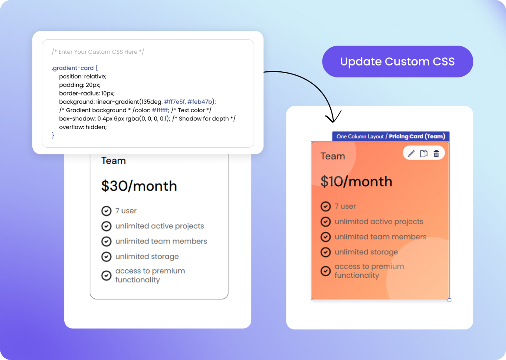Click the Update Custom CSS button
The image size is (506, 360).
click(x=397, y=62)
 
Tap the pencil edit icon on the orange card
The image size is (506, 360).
click(x=411, y=154)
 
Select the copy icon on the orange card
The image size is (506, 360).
click(x=423, y=154)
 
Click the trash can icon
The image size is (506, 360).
click(x=436, y=154)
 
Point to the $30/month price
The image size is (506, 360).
click(x=139, y=186)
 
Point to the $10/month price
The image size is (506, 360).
click(x=356, y=182)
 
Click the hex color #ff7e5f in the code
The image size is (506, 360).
click(x=174, y=102)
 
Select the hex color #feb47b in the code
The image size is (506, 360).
click(x=200, y=102)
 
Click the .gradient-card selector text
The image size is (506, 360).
click(x=72, y=68)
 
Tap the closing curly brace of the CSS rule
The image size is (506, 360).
click(x=53, y=135)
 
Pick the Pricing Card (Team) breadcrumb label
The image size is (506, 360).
click(x=417, y=136)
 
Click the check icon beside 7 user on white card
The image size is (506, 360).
click(x=106, y=211)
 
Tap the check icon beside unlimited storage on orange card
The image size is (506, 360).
click(x=326, y=252)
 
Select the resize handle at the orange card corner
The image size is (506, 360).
click(x=449, y=300)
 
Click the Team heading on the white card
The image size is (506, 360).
click(x=113, y=161)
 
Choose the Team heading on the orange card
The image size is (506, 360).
click(x=333, y=156)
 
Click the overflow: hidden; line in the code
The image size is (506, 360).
click(x=83, y=127)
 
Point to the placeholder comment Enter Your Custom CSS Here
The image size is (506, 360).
click(x=98, y=52)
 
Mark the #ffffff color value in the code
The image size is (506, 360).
click(x=160, y=110)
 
